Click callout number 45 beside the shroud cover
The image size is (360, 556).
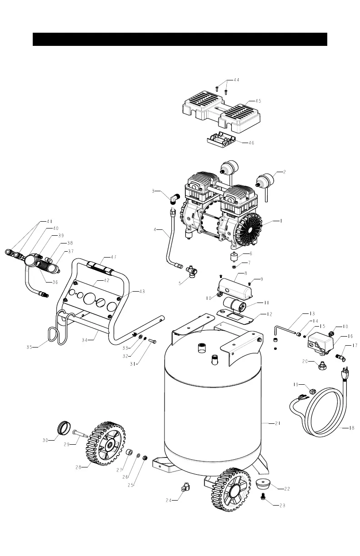pyautogui.click(x=257, y=101)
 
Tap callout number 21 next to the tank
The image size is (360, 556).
pyautogui.click(x=277, y=423)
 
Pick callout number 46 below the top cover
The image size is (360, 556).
pyautogui.click(x=251, y=143)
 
